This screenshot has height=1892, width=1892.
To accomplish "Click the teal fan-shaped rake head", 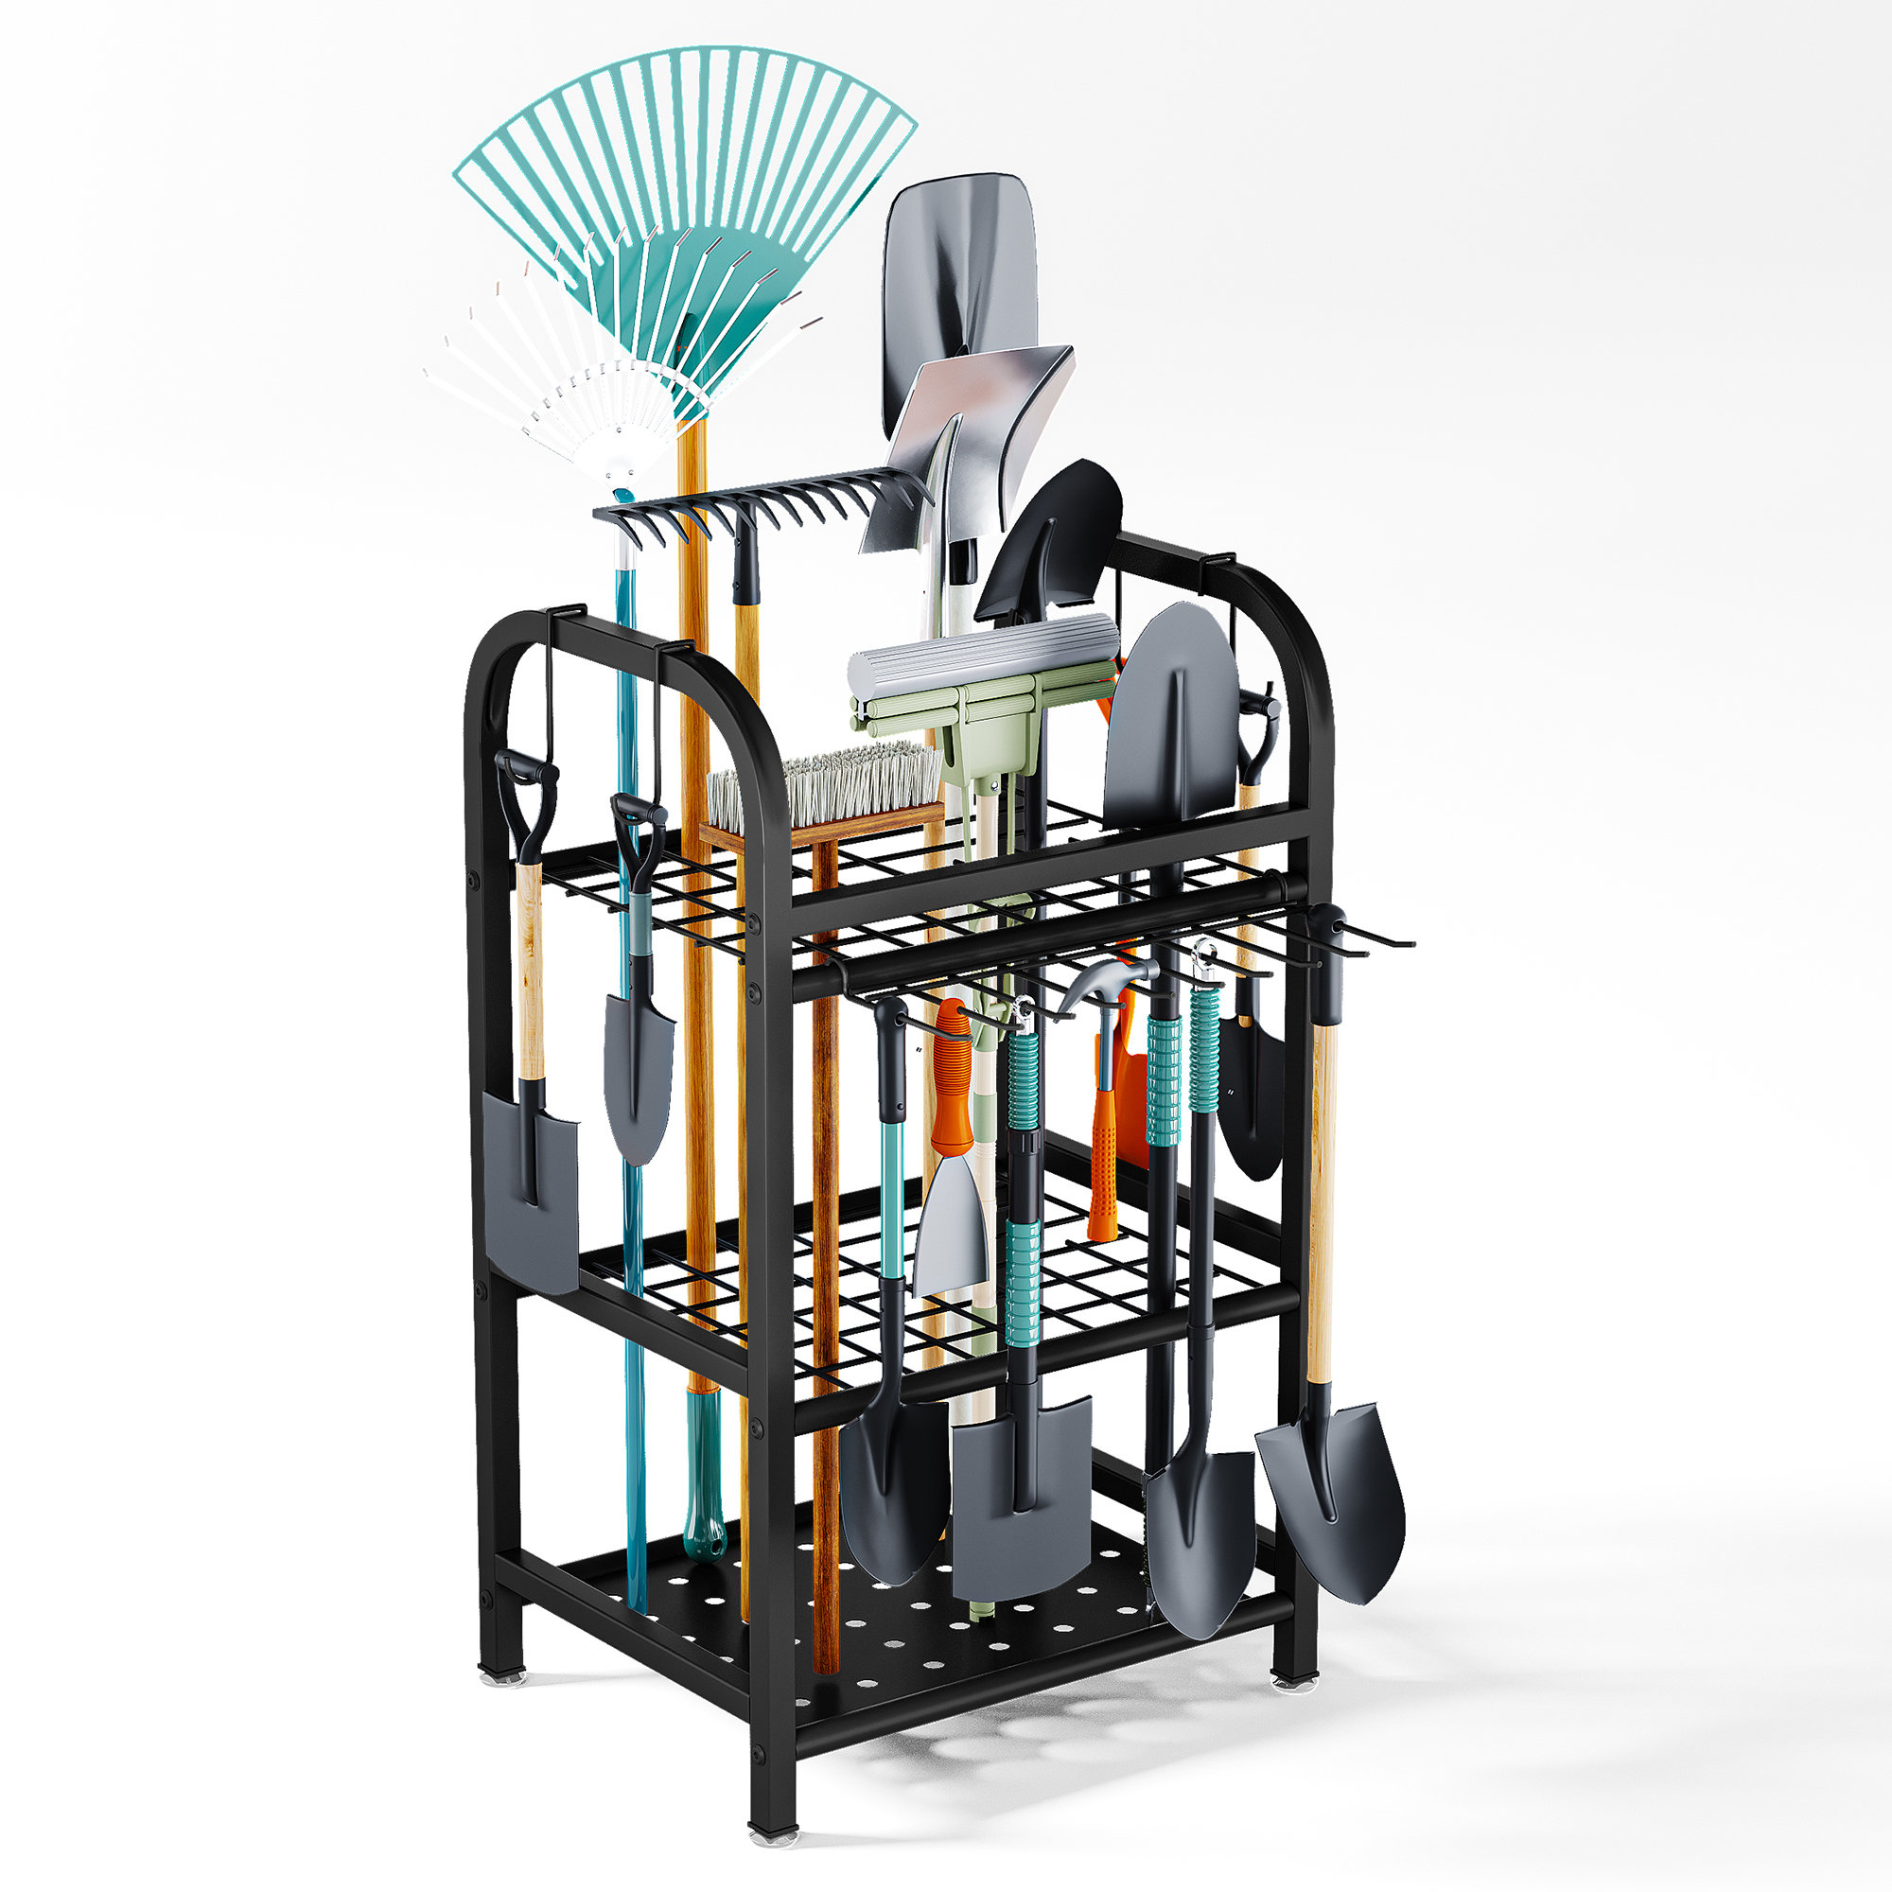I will click(686, 176).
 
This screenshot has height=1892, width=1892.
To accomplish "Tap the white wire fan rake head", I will click(549, 392).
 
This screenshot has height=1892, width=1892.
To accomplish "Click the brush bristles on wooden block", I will click(823, 783).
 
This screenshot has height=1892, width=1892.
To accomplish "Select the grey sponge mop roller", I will click(979, 657).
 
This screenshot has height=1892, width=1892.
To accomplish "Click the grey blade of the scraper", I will click(950, 1224).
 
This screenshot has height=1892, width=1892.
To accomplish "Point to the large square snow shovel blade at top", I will click(959, 274).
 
